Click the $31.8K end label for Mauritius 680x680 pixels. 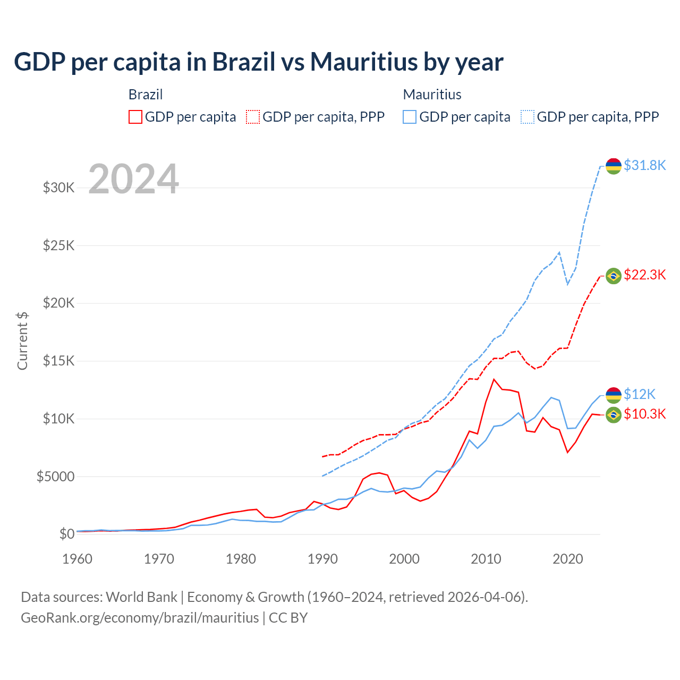(x=644, y=165)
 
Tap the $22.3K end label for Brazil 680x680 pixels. (x=644, y=275)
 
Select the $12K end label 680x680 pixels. (x=639, y=394)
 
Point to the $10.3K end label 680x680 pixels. (x=644, y=414)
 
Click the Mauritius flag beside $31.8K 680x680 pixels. (x=614, y=166)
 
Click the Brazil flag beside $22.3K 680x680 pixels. (x=614, y=276)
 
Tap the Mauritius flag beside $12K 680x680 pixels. (x=614, y=395)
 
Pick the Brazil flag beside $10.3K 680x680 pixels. (x=614, y=414)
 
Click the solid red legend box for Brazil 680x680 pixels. (x=135, y=117)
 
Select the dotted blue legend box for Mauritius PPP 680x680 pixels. (x=528, y=117)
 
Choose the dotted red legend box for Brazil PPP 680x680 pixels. (x=253, y=117)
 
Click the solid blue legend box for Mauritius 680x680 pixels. (x=410, y=117)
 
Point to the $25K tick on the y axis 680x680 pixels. (x=58, y=245)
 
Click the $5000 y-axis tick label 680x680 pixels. (x=55, y=477)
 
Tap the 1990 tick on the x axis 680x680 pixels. (x=322, y=559)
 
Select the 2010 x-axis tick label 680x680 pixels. (x=486, y=559)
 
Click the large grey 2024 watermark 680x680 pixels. (x=133, y=180)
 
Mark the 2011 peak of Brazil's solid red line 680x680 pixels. (x=494, y=379)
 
